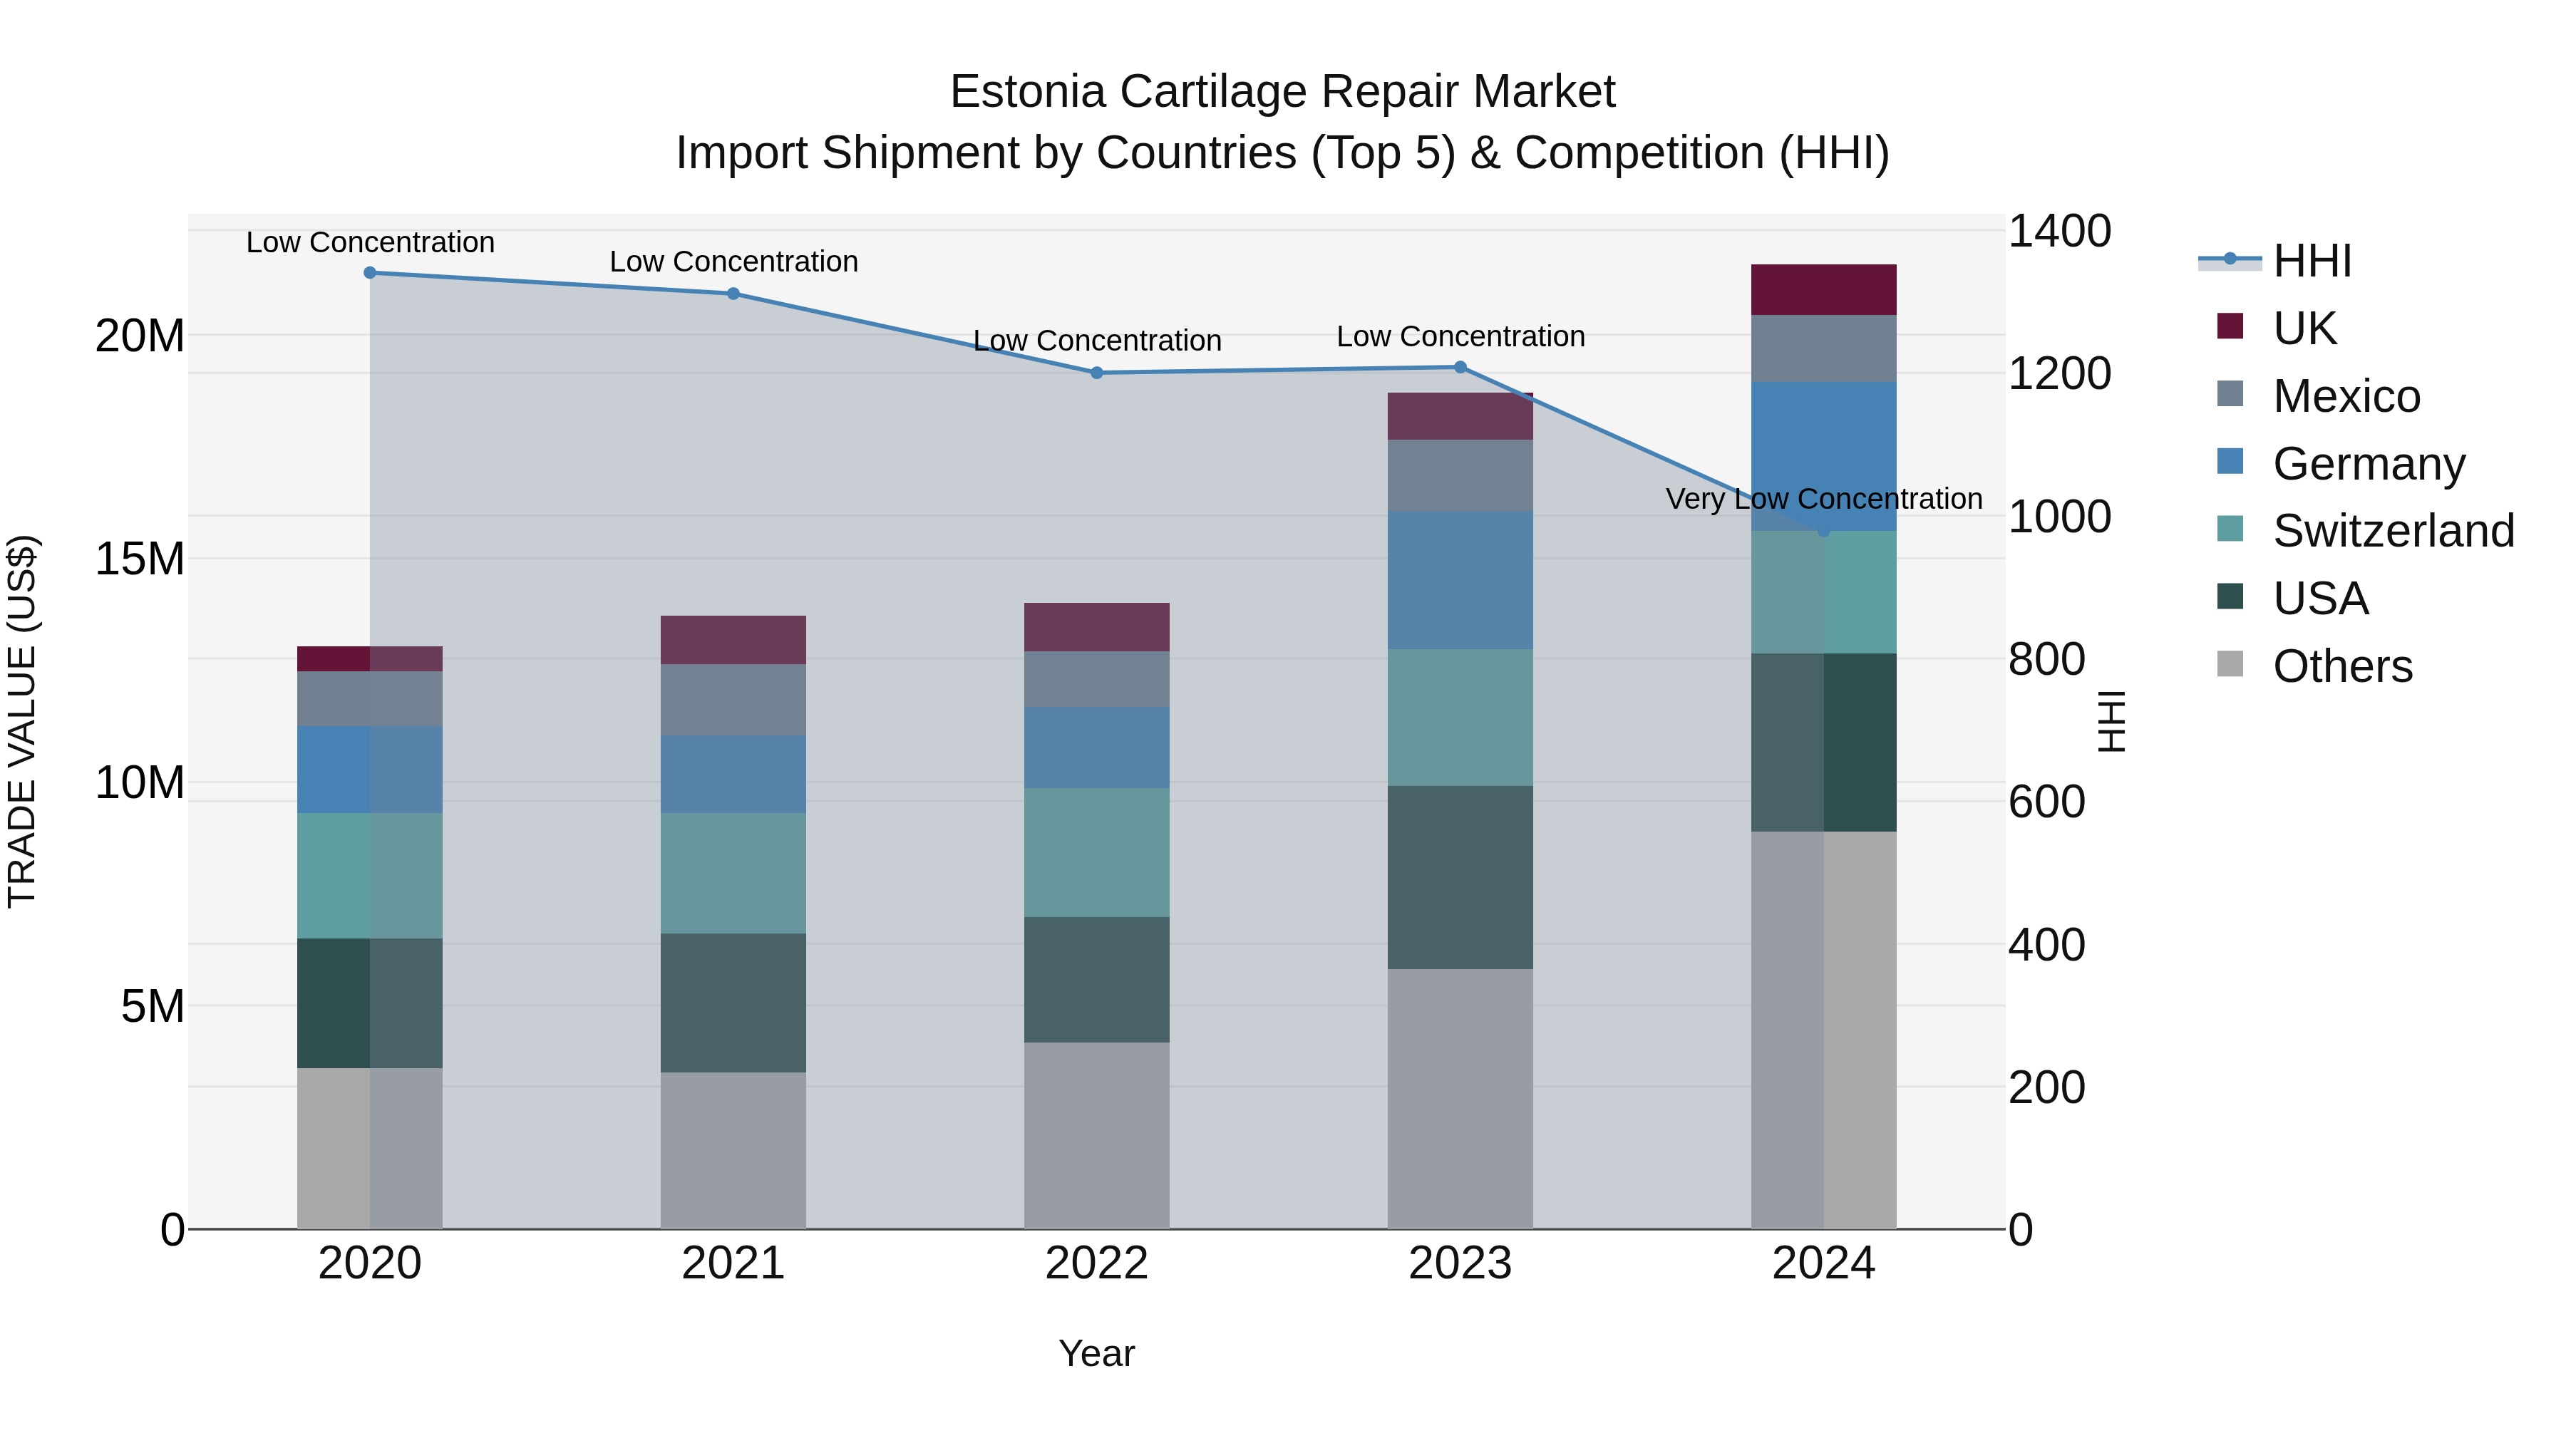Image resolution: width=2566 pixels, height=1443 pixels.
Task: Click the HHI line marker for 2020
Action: click(369, 273)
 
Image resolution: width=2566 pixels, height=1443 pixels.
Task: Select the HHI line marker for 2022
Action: click(1097, 373)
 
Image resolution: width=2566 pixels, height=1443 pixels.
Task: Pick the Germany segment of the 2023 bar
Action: click(1460, 581)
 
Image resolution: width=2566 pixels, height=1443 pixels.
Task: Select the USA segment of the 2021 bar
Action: click(733, 1003)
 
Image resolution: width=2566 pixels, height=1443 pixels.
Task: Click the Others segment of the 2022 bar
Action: click(1097, 1135)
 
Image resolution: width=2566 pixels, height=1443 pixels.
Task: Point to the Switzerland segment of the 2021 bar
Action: click(733, 874)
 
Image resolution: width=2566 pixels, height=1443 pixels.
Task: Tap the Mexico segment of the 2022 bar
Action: click(1097, 679)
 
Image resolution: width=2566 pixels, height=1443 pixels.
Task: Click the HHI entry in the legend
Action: click(2311, 261)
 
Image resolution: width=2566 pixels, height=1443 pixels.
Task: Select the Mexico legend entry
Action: click(2346, 396)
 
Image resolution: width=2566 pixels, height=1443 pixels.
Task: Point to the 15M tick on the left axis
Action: click(140, 559)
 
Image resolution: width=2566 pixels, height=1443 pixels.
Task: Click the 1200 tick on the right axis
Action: click(2058, 374)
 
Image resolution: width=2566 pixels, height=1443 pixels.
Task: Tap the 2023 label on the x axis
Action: click(1460, 1263)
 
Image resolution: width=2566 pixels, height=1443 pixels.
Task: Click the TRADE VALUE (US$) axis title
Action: click(22, 722)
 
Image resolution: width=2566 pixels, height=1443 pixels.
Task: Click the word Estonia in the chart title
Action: click(1027, 92)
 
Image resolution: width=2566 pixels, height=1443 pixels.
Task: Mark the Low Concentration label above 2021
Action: click(733, 262)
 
